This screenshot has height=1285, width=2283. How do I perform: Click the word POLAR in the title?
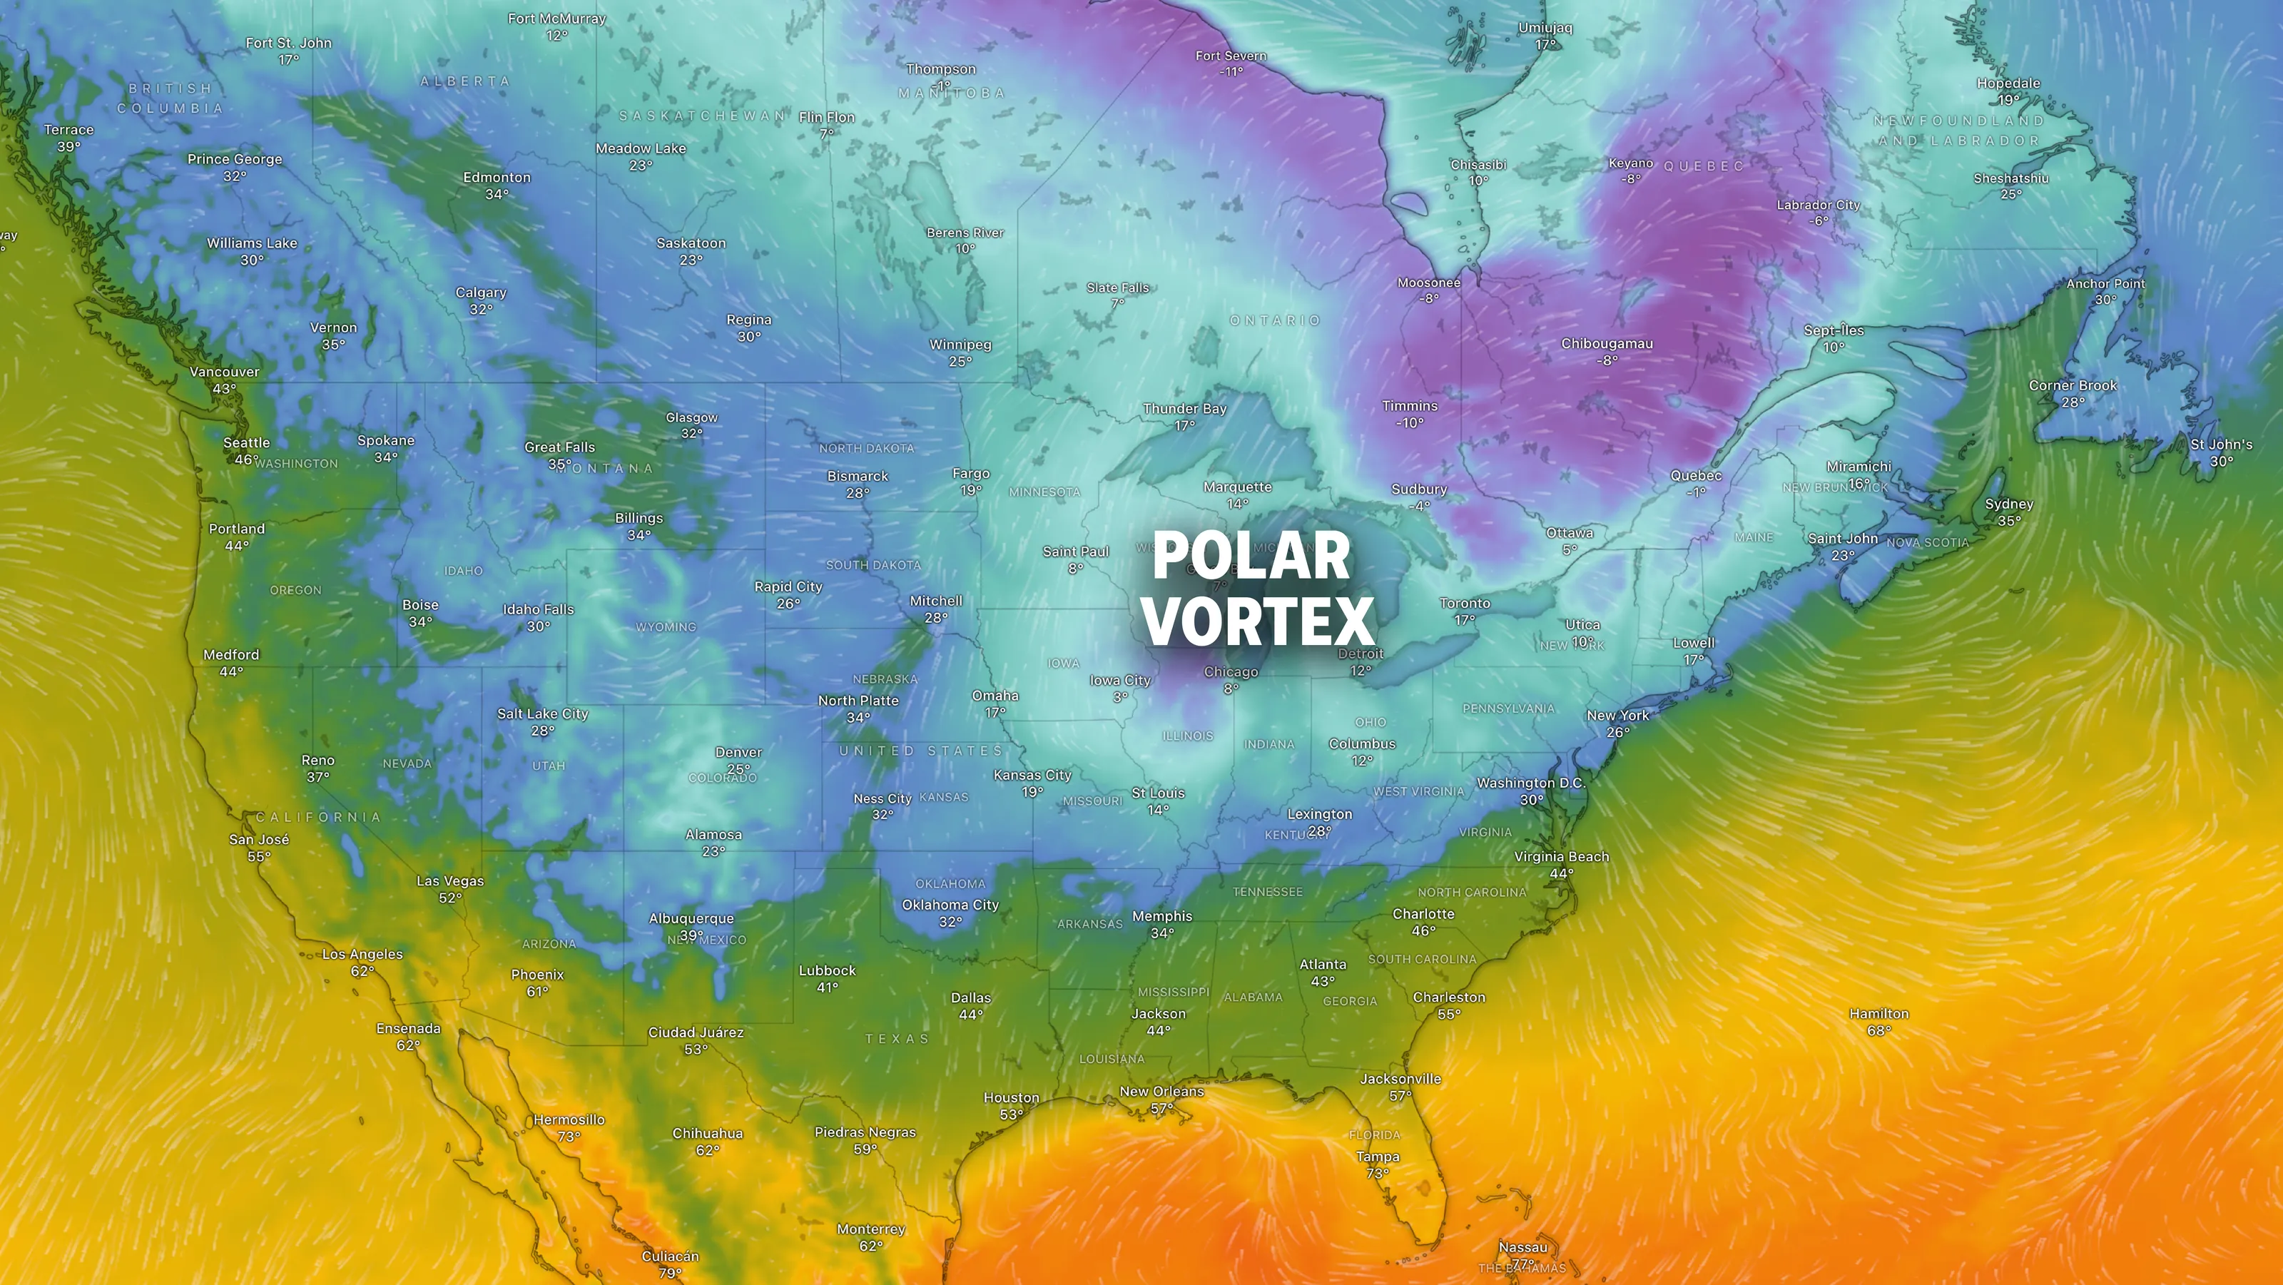[x=1251, y=556]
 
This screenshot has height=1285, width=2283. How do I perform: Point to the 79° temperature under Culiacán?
[x=670, y=1273]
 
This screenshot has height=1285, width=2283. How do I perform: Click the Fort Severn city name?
[x=1231, y=56]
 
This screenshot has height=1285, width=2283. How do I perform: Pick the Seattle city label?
[x=246, y=443]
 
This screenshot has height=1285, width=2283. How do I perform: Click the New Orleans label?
[x=1162, y=1092]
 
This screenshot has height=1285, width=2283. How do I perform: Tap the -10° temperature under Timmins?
[x=1409, y=422]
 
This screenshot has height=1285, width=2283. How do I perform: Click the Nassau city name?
[x=1522, y=1248]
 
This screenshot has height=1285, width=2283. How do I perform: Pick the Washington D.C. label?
[x=1530, y=783]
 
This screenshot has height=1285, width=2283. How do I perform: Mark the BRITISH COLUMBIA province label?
[x=171, y=98]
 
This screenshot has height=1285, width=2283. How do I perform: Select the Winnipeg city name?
[x=960, y=345]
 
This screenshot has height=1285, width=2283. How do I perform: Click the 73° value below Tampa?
[x=1377, y=1173]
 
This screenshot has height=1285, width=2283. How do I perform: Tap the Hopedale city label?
[x=2008, y=83]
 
